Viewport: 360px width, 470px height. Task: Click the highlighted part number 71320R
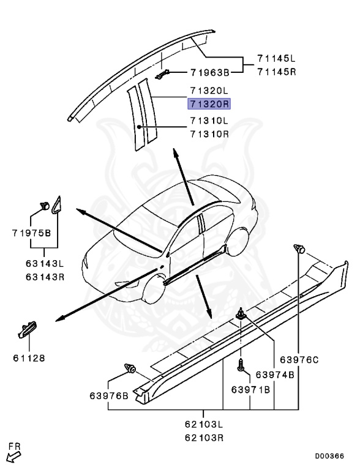pyautogui.click(x=209, y=104)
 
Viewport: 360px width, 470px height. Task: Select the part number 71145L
pyautogui.click(x=276, y=58)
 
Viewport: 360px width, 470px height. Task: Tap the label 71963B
pyautogui.click(x=210, y=73)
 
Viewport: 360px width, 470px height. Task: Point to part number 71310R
pyautogui.click(x=209, y=133)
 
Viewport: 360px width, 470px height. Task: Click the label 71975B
pyautogui.click(x=31, y=233)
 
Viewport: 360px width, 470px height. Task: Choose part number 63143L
pyautogui.click(x=45, y=264)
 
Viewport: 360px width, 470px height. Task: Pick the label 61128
pyautogui.click(x=29, y=358)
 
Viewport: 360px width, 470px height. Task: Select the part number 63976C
pyautogui.click(x=299, y=359)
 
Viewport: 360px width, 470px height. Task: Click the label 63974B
pyautogui.click(x=275, y=375)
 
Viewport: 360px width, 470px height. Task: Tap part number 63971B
pyautogui.click(x=250, y=389)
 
